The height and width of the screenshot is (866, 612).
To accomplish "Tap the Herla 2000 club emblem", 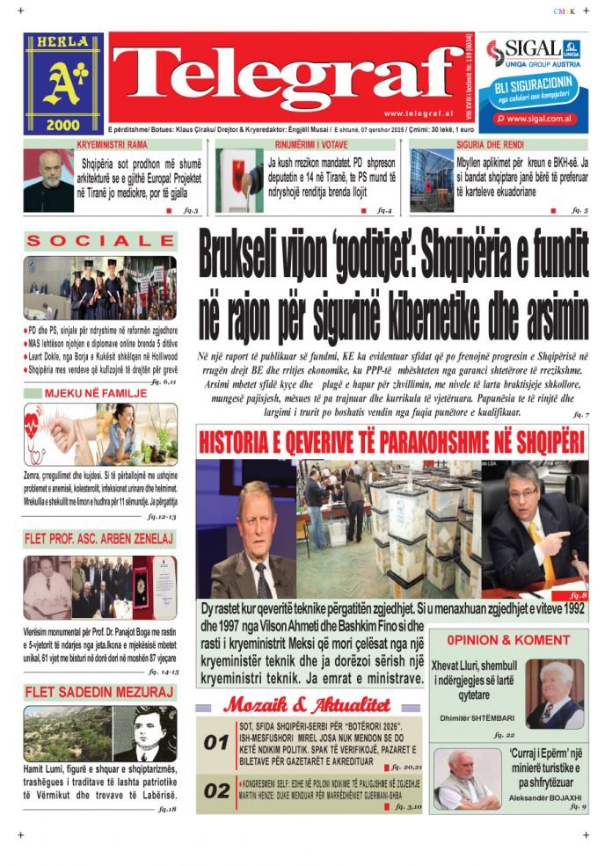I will [x=63, y=84].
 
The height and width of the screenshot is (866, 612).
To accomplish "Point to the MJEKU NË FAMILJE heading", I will [x=84, y=393].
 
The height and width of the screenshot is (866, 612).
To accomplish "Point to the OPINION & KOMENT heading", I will [x=507, y=640].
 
